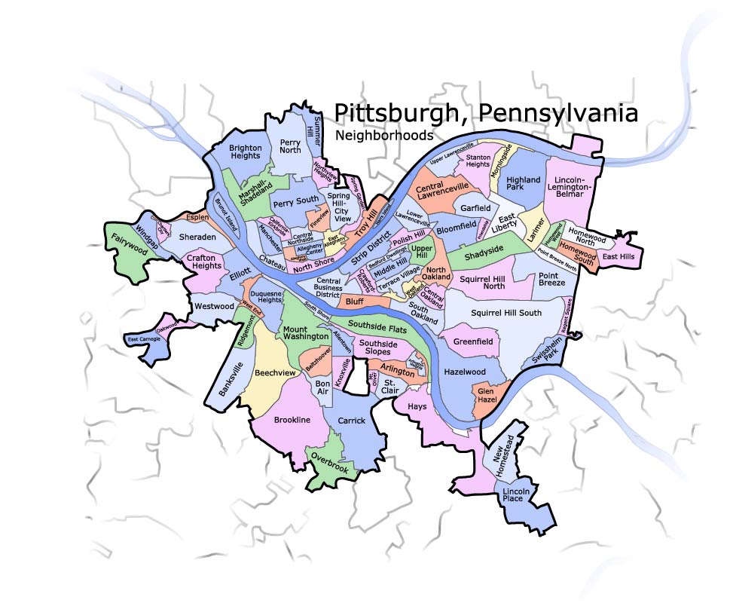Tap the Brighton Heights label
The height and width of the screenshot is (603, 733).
point(245,152)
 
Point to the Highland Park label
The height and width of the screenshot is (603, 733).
point(524,185)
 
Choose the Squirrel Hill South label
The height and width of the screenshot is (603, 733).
point(505,312)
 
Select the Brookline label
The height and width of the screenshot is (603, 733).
point(292,420)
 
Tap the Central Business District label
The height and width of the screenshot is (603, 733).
point(328,288)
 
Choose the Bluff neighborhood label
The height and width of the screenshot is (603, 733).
point(354,301)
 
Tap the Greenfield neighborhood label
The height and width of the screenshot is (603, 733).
point(473,341)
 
